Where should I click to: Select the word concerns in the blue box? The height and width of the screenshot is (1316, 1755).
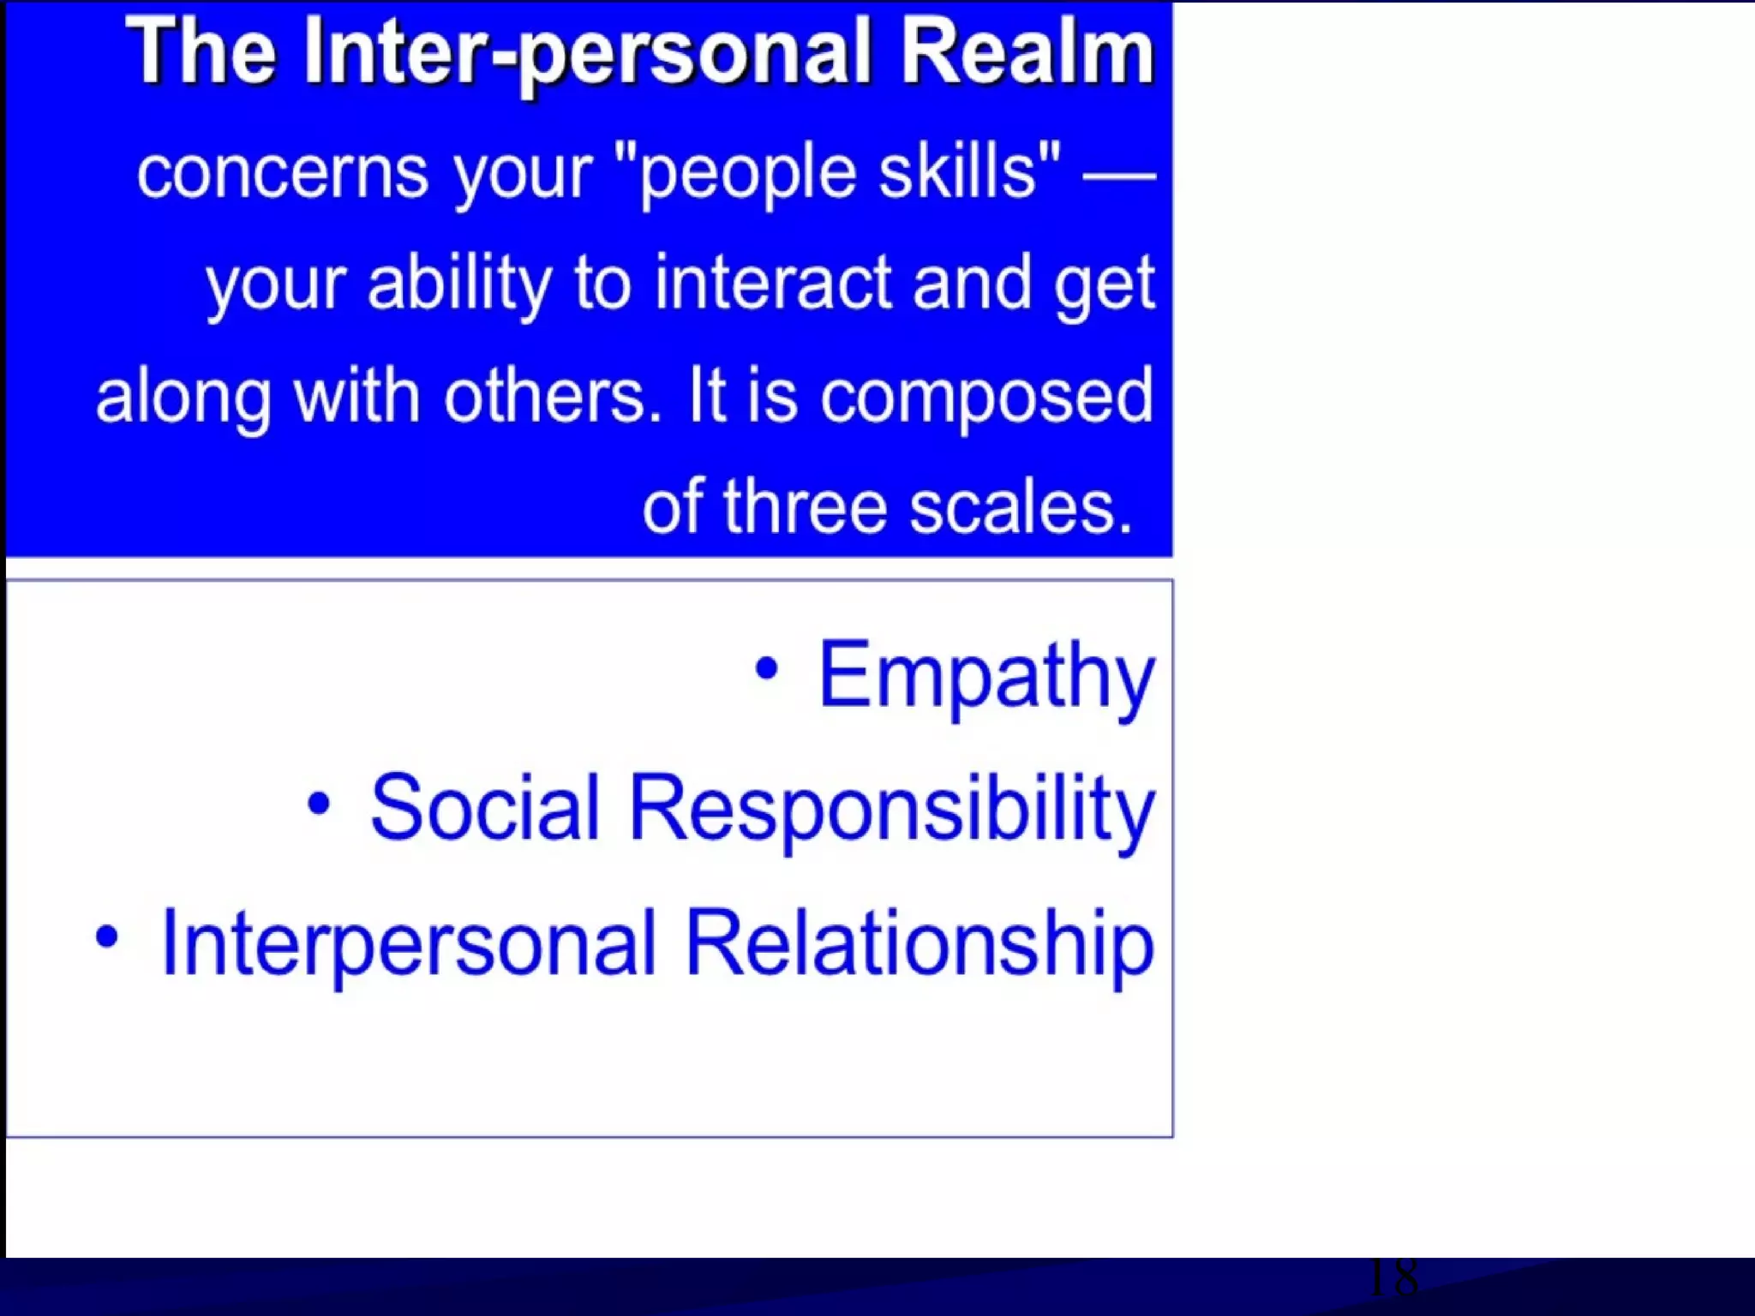(282, 173)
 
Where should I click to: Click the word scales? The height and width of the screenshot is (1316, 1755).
(1021, 507)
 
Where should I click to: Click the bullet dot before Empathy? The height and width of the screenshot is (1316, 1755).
(766, 669)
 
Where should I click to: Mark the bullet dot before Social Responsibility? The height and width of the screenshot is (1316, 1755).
(319, 804)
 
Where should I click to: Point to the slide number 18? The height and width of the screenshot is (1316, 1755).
(1393, 1278)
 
